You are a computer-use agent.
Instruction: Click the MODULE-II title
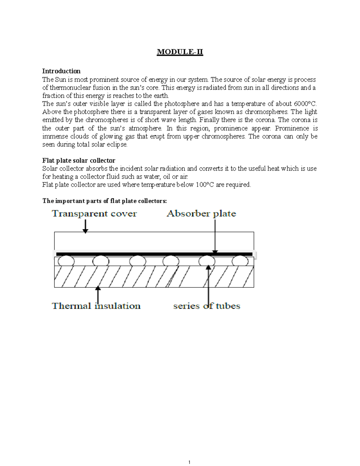click(x=180, y=52)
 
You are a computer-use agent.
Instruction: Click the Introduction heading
click(x=61, y=71)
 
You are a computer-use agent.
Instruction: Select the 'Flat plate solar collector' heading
click(x=79, y=161)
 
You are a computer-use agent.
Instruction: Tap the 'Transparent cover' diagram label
click(x=94, y=214)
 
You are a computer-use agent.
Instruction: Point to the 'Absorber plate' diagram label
click(x=201, y=214)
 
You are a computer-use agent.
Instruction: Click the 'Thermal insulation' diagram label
click(x=96, y=306)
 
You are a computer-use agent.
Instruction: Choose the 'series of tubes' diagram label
click(x=207, y=306)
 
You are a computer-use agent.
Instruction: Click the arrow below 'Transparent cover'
click(x=85, y=227)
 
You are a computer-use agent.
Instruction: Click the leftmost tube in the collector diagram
click(x=66, y=261)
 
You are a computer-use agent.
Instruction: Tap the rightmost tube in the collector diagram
click(x=240, y=261)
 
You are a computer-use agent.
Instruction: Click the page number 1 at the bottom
click(x=189, y=462)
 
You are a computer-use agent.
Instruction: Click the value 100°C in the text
click(x=205, y=185)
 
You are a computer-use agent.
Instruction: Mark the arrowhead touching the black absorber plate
click(x=215, y=252)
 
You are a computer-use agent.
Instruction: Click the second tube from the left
click(x=101, y=261)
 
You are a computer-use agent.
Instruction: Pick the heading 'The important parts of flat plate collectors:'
click(x=104, y=201)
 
